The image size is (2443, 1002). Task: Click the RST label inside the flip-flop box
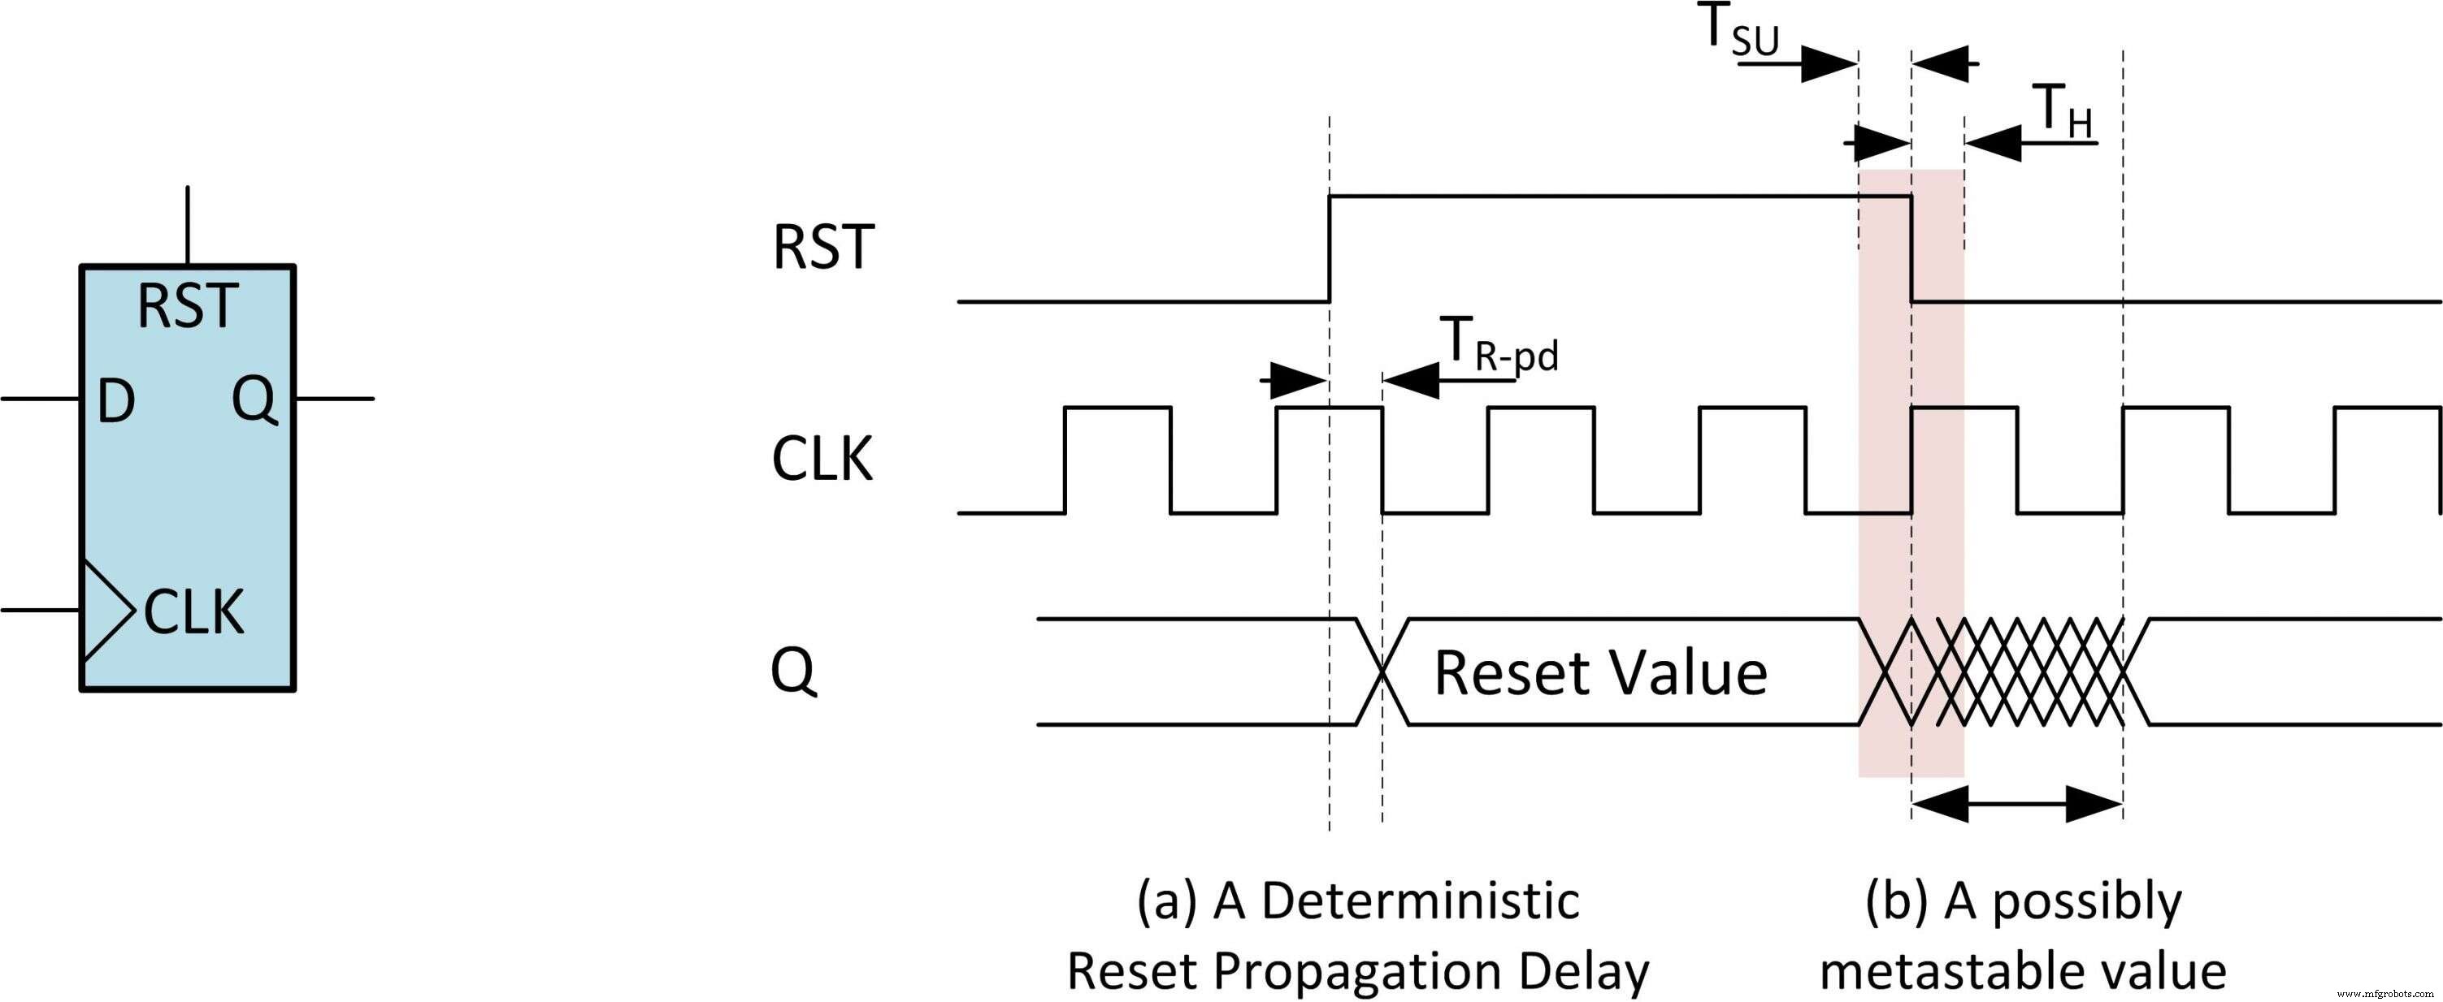(x=186, y=307)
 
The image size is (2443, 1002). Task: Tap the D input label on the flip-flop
(x=115, y=402)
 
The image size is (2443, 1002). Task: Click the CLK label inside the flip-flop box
(x=193, y=612)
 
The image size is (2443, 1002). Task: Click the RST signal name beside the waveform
(x=822, y=248)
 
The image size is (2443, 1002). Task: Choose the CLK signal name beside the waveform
(x=822, y=460)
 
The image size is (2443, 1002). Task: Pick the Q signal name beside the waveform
(x=793, y=672)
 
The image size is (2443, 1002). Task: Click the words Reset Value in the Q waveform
(x=1600, y=673)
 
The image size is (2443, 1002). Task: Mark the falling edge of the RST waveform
(x=1910, y=248)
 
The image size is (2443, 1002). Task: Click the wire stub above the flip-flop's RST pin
(x=188, y=226)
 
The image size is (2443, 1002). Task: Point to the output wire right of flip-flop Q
(x=334, y=399)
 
